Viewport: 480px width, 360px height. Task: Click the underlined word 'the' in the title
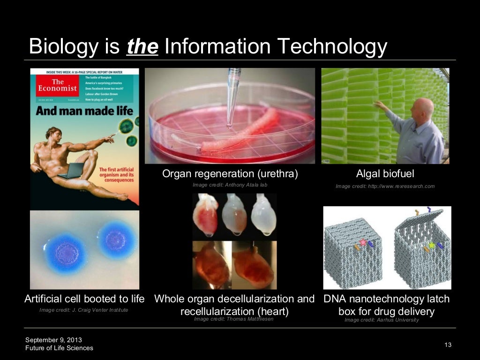tap(142, 47)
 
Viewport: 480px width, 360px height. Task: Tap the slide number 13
tap(448, 345)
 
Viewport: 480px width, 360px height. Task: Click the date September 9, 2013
tap(53, 339)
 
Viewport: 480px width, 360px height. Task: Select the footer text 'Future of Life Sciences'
tap(59, 348)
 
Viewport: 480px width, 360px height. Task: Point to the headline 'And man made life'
tap(84, 111)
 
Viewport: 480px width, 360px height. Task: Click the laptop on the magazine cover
tap(71, 171)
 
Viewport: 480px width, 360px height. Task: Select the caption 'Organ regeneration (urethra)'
tap(230, 174)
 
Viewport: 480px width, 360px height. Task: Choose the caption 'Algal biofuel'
tap(385, 174)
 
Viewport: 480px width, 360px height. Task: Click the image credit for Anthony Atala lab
tap(230, 185)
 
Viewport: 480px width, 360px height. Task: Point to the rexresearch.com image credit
tap(385, 186)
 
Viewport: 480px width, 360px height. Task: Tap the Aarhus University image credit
tap(382, 320)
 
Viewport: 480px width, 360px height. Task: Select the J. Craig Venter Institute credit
tap(83, 310)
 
